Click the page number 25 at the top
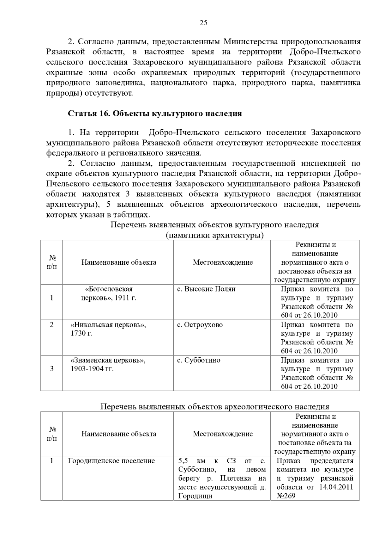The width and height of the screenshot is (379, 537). pos(203,23)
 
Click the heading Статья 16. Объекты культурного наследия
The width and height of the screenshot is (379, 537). pos(155,114)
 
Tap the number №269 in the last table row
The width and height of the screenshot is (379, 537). pos(286,496)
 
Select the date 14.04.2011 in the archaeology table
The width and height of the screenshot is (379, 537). pos(336,487)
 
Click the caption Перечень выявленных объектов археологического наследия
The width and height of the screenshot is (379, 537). pos(215,407)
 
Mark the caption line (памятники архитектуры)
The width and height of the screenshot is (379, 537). pos(215,235)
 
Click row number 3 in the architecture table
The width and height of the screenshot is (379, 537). pos(52,369)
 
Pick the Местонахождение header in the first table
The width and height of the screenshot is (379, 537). pos(223,262)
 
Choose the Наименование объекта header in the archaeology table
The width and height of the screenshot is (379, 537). pos(119,434)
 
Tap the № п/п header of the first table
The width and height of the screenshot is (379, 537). pos(52,262)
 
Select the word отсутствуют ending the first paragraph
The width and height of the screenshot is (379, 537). pos(107,93)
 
